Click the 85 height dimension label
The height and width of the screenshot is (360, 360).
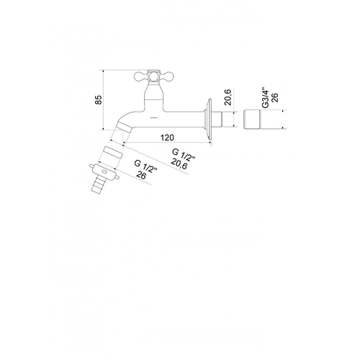(99, 100)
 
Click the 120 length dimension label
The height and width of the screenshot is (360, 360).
(167, 138)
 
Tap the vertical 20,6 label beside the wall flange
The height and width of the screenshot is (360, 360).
(228, 97)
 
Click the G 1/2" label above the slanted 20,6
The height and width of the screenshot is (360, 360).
(184, 156)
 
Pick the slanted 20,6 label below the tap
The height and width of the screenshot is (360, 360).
(179, 164)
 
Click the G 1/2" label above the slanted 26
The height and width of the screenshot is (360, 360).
(145, 166)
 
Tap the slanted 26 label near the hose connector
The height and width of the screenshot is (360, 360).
(141, 175)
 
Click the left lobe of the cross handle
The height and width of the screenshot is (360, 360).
(140, 76)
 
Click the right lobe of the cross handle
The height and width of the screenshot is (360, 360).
(166, 76)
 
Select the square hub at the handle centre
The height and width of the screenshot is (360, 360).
(153, 76)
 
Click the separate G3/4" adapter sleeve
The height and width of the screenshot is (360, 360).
(252, 120)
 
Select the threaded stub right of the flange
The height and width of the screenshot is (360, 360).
(218, 119)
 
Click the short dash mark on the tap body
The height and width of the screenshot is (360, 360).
(153, 117)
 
